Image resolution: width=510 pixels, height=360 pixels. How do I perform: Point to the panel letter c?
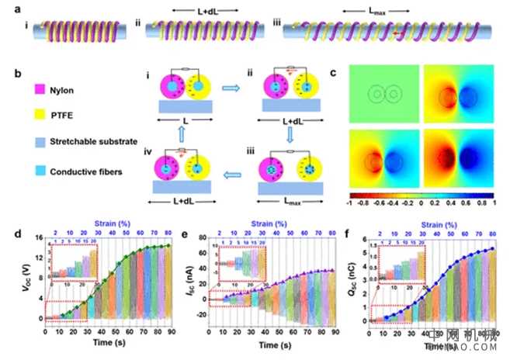[x=334, y=74]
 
